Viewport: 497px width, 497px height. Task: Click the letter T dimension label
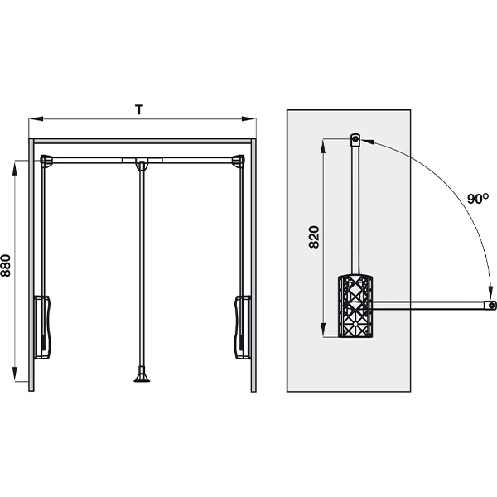click(x=139, y=109)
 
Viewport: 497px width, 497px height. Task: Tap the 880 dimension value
click(x=6, y=266)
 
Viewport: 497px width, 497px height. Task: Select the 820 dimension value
click(x=314, y=237)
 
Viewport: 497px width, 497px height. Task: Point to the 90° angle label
click(x=478, y=199)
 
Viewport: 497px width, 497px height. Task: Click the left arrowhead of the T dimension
click(x=36, y=118)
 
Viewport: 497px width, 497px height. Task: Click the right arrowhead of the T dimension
click(x=248, y=118)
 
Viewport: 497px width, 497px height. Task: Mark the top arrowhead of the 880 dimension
click(x=15, y=167)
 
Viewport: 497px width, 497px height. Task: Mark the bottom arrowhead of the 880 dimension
click(x=15, y=374)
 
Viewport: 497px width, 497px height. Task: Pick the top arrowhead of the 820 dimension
click(x=323, y=146)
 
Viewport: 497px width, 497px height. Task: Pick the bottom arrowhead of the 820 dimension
click(x=323, y=331)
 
